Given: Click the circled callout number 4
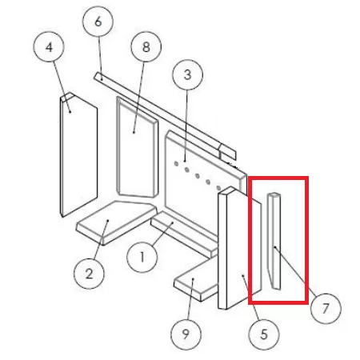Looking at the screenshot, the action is (49, 47).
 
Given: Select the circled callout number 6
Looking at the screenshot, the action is (98, 22).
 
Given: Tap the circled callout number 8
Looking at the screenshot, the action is (146, 46).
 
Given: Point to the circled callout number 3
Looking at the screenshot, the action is (188, 74).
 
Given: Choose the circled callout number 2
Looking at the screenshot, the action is (89, 274).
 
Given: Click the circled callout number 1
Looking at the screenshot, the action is (142, 257).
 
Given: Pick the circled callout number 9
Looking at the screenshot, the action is (186, 334).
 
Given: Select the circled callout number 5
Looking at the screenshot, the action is (264, 334).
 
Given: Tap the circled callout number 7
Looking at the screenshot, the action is (326, 308).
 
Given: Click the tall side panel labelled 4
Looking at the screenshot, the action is (78, 154).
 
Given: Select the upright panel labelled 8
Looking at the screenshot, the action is (138, 147).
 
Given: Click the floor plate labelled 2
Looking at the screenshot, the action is (116, 222).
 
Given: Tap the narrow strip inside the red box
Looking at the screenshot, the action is (274, 241).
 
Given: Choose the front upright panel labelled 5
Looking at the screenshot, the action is (239, 248).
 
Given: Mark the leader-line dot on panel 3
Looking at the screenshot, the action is (185, 161).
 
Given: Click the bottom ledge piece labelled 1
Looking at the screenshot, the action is (184, 234).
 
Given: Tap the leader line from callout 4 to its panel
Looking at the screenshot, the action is (62, 87).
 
